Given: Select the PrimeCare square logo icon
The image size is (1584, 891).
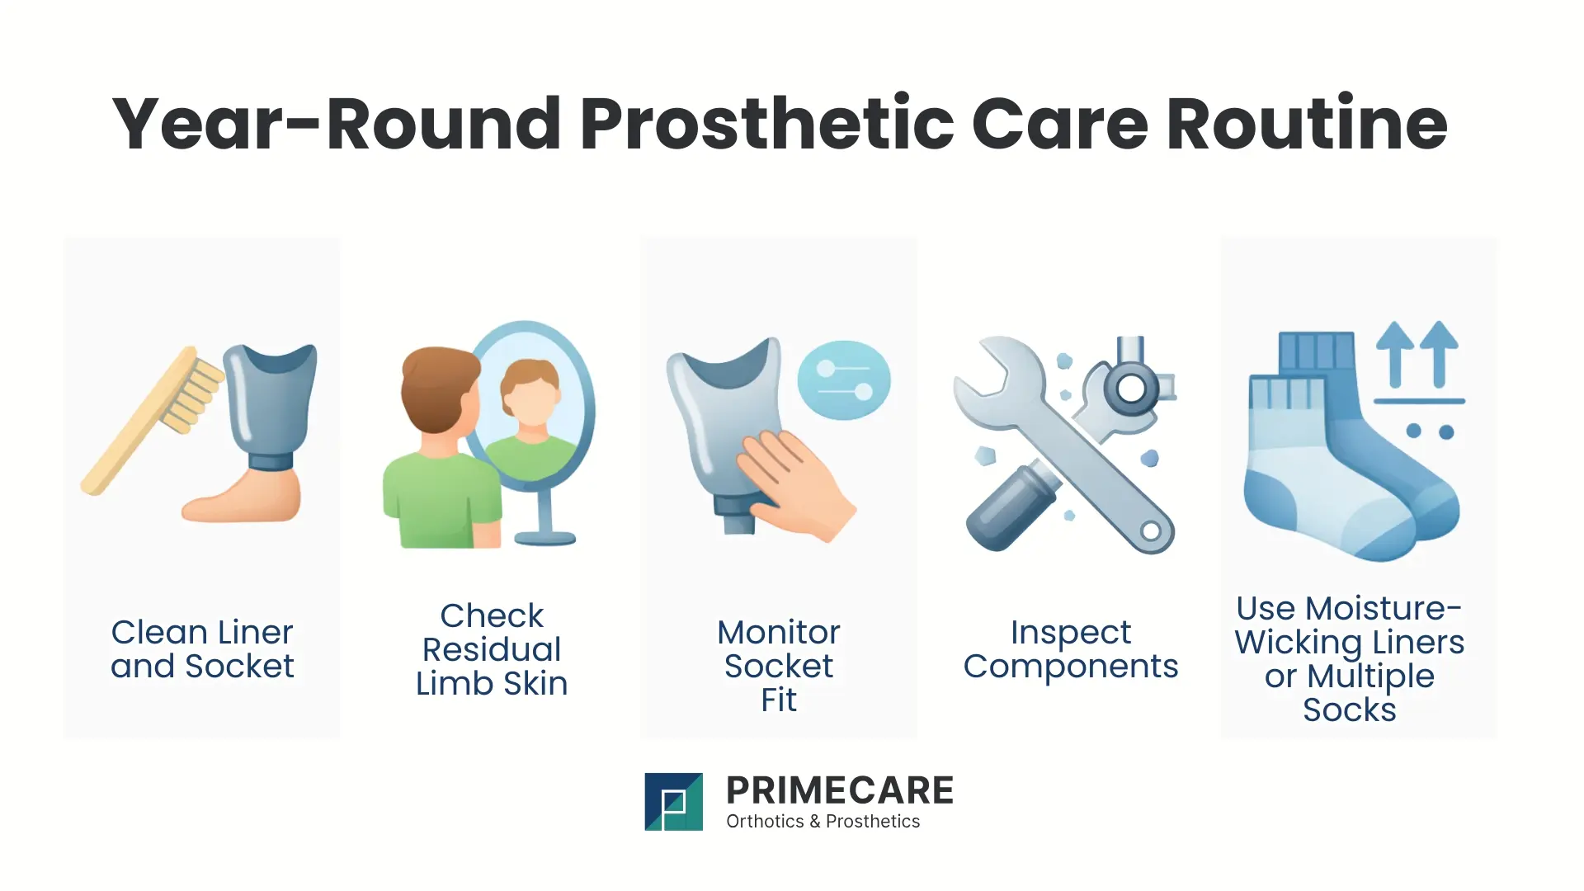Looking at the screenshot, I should point(673,801).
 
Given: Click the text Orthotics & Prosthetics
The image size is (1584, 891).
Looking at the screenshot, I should point(823,822).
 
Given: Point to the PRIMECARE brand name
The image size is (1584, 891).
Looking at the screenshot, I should point(839,790).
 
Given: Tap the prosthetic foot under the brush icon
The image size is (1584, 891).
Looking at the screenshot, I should point(243,500).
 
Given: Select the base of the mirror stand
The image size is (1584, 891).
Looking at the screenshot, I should point(544,538).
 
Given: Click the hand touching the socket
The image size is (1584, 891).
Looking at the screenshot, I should point(792,483).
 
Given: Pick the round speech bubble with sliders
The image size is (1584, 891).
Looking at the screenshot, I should point(844,380).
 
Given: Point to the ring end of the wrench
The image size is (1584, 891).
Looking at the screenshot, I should point(1150,530).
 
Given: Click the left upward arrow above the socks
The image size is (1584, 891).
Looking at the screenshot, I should point(1395,351).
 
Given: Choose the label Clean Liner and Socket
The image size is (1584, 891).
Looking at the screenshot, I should point(202,649).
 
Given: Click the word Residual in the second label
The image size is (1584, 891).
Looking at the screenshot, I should point(492,649).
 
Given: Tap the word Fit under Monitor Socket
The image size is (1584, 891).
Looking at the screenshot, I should point(778,700).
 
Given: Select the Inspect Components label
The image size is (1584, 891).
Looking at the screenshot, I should point(1070,649).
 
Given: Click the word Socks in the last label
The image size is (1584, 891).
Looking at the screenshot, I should point(1349,710).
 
